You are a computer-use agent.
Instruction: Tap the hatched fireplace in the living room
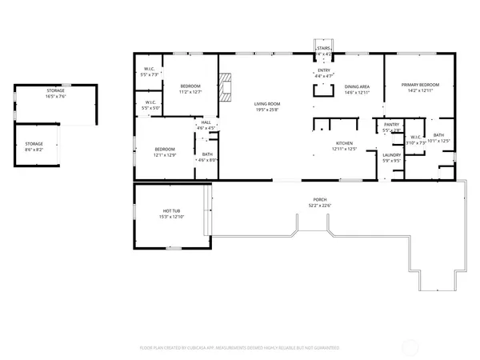point(228,87)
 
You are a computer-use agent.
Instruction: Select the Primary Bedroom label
point(420,88)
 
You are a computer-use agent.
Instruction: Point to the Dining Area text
point(357,90)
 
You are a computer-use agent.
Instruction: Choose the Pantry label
point(391,126)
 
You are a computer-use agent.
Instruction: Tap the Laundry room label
point(391,157)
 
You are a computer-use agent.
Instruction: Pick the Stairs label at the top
point(323,48)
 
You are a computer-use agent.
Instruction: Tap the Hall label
point(206,124)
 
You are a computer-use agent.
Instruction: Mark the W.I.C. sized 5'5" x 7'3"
point(150,71)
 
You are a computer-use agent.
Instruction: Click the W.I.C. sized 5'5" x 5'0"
point(150,105)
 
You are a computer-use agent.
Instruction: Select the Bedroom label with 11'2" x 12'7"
point(190,88)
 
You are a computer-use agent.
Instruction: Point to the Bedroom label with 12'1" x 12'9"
point(164,151)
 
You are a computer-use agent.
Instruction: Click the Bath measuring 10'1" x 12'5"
point(439,138)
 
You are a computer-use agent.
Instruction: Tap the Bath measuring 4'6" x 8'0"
point(207,157)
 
